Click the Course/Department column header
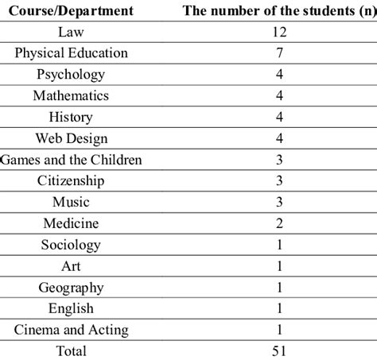(70, 11)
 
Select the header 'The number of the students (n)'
(278, 11)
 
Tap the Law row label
(71, 33)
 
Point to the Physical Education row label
(71, 53)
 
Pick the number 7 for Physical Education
(278, 53)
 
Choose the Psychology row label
(71, 75)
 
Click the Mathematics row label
(71, 96)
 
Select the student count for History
(278, 118)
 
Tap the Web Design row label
(71, 138)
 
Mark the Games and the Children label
(71, 160)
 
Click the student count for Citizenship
(278, 181)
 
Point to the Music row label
(71, 202)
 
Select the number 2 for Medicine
(278, 223)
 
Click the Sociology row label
(71, 245)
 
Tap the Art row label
(71, 265)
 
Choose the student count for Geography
(278, 287)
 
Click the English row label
(71, 308)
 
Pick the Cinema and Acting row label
(71, 329)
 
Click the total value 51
(278, 350)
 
